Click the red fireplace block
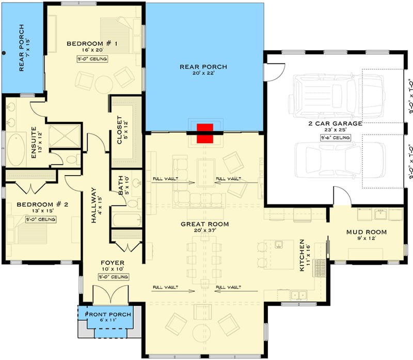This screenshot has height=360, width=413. pos(205,133)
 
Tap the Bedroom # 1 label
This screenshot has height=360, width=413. pos(92,43)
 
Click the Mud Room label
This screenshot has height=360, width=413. pos(366,232)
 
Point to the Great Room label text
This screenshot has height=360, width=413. pos(204,224)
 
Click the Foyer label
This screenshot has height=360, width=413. pos(112,263)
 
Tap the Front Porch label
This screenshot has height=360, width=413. pos(108,315)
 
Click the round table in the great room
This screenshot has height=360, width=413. pos(202,331)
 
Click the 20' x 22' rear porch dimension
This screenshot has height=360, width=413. pos(203,74)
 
